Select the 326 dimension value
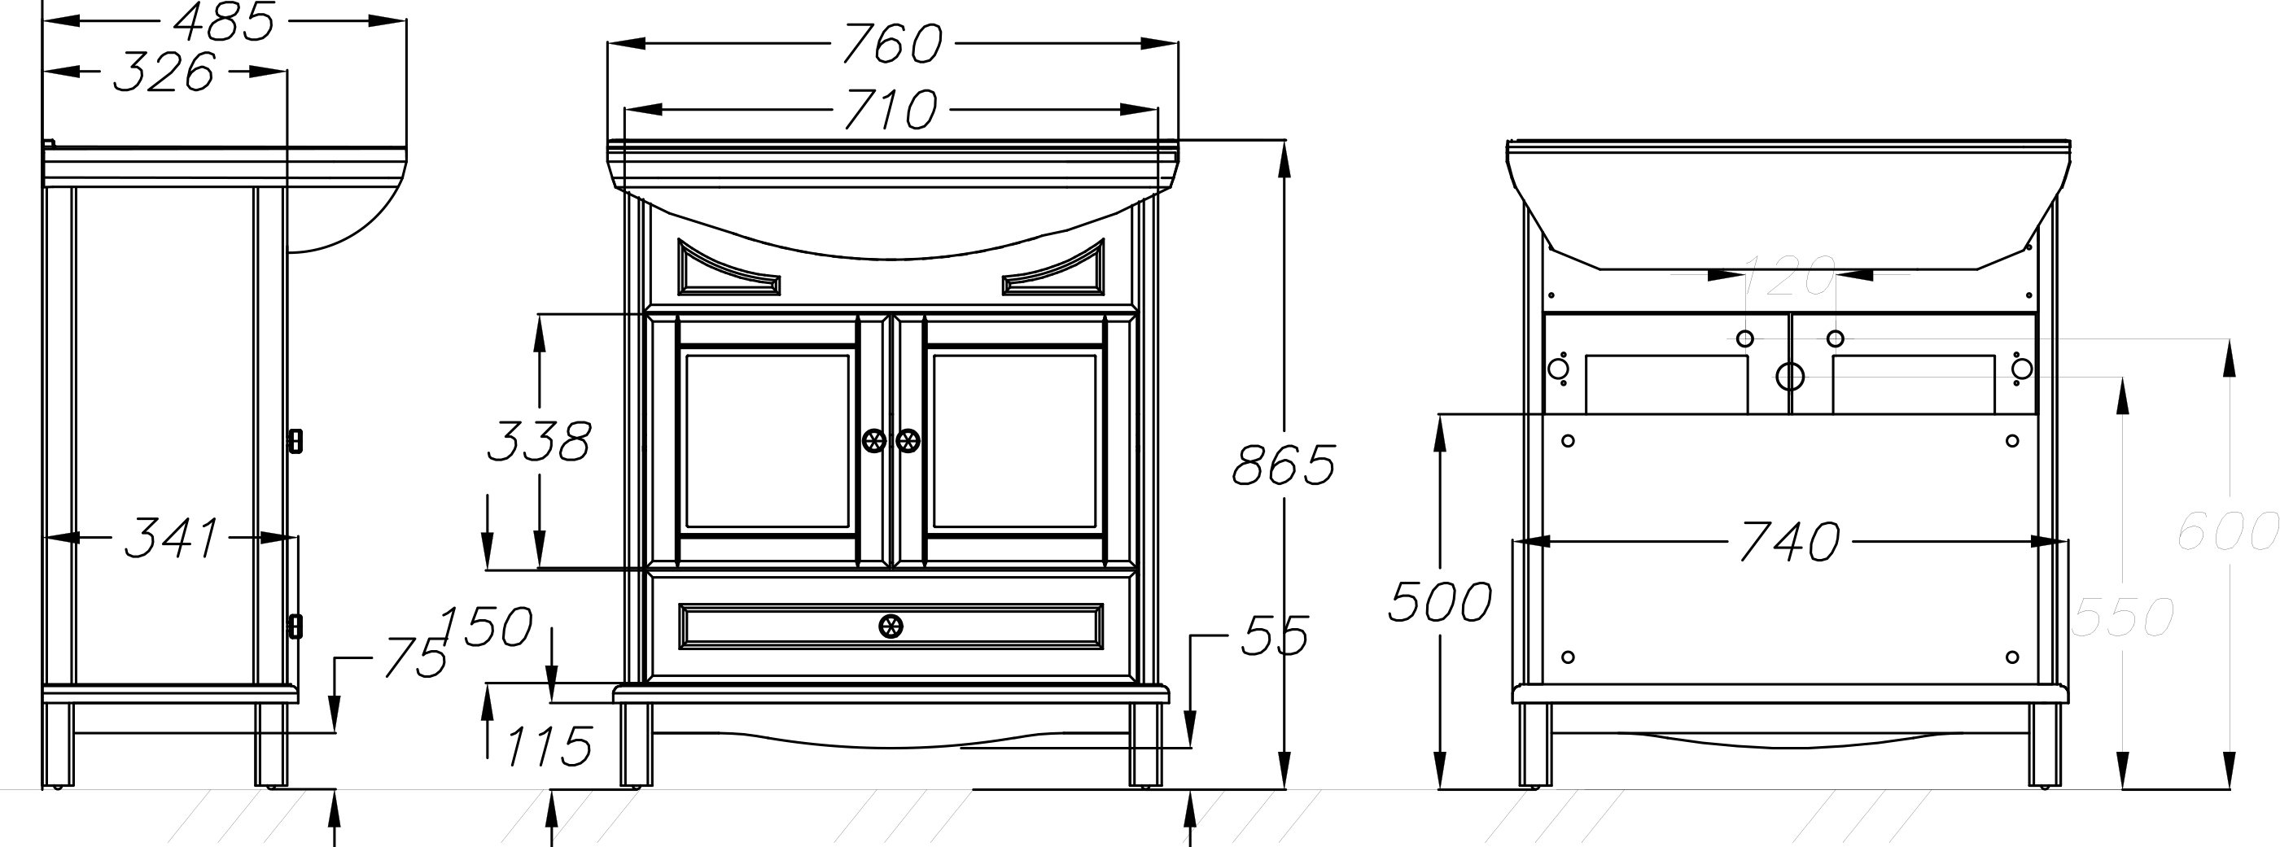(164, 72)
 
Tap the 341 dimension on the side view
(171, 538)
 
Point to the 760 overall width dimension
(892, 43)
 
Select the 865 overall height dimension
(1284, 464)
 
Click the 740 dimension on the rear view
(1790, 542)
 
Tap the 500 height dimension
(1440, 602)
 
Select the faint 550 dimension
(2122, 617)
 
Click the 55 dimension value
(1275, 635)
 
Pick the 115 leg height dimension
(549, 746)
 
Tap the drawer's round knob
(891, 627)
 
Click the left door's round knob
(873, 440)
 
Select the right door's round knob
(908, 440)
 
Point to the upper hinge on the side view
(296, 441)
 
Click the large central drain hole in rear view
(1791, 376)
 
